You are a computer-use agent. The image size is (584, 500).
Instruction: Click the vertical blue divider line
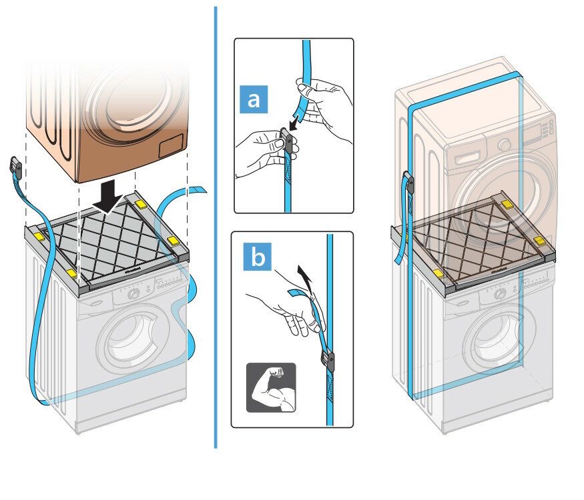coord(216,227)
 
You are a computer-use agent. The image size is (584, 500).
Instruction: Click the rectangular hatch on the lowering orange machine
coord(173,145)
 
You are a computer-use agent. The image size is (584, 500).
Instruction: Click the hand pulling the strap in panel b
coord(284,311)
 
